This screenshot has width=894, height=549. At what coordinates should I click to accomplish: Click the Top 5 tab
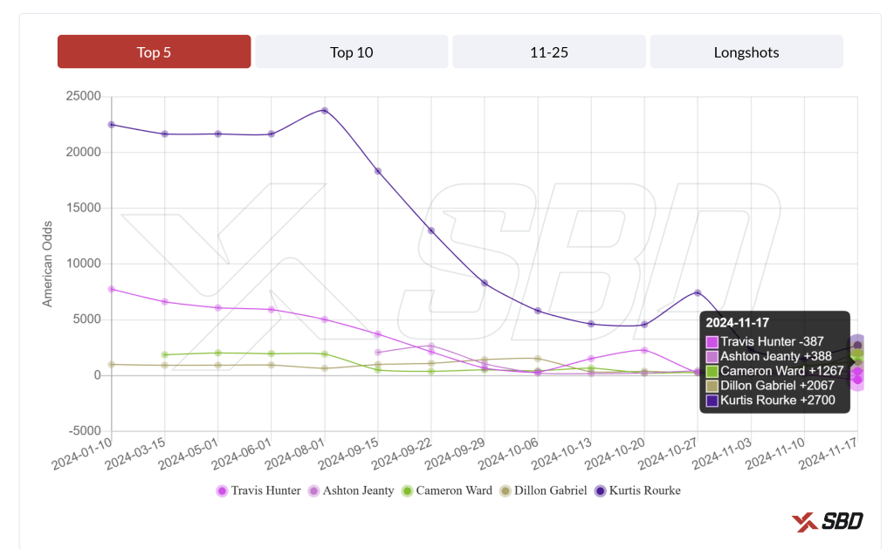point(154,52)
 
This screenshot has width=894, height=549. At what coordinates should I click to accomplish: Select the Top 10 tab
point(351,52)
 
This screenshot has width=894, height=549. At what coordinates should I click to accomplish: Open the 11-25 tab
point(548,52)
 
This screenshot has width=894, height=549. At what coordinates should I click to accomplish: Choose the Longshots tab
point(746,52)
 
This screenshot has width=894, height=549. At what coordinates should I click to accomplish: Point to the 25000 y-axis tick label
point(84,96)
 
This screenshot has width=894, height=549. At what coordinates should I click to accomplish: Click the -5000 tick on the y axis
point(84,431)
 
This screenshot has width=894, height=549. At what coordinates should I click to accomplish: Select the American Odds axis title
point(49,264)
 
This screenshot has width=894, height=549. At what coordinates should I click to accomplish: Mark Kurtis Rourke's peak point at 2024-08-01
point(324,111)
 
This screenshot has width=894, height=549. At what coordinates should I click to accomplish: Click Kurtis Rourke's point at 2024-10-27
point(698,293)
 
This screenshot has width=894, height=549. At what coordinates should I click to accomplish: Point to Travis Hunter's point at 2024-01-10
point(112,289)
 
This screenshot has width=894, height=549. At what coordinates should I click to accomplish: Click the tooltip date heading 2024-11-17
point(738,324)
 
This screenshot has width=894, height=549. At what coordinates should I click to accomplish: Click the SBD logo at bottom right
point(828,521)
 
